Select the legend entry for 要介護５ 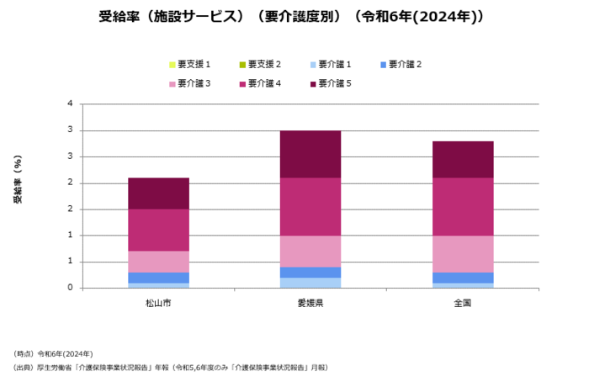click(x=334, y=83)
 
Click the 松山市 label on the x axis click(x=158, y=302)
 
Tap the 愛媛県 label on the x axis click(x=310, y=302)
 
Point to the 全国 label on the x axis click(x=462, y=302)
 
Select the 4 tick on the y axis click(x=70, y=104)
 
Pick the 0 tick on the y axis click(x=70, y=288)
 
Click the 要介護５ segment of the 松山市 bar click(x=158, y=193)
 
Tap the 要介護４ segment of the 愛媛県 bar click(x=310, y=206)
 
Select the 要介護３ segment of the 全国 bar click(x=462, y=253)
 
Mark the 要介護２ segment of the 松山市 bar click(x=158, y=277)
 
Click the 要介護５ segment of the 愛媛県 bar click(x=310, y=154)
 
